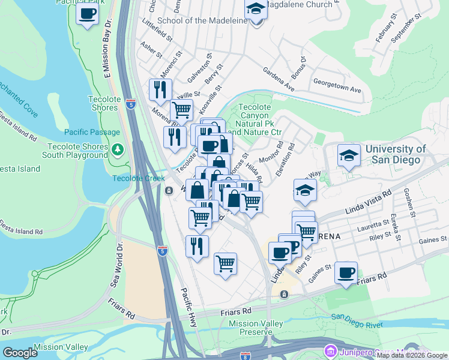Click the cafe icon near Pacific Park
[88, 14]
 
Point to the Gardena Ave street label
[278, 80]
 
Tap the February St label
[384, 31]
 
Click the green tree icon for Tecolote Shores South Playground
[119, 149]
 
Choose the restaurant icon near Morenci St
[160, 90]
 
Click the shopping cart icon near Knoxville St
[181, 110]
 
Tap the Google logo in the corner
[20, 353]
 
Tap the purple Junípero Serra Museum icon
[330, 350]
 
